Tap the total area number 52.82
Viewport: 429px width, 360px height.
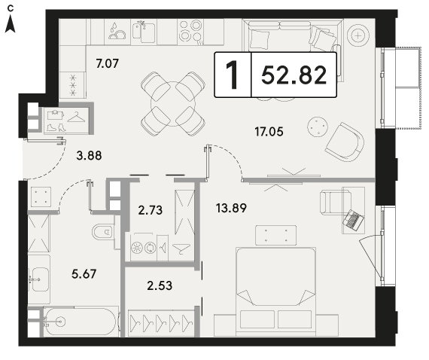tap(294, 75)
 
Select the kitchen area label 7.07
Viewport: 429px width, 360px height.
tap(107, 63)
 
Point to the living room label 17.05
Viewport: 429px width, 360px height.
tap(269, 132)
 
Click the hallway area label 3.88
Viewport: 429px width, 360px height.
tap(90, 155)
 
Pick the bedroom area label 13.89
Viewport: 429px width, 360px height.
tap(231, 208)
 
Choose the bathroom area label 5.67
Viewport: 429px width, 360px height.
tap(84, 273)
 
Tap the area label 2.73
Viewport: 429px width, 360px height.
tap(151, 210)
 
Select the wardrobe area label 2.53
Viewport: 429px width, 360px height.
tap(160, 285)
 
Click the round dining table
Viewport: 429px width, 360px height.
tap(173, 104)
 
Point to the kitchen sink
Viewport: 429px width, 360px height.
tap(144, 32)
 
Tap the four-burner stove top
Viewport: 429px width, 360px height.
tap(190, 32)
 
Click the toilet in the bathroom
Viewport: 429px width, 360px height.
tap(103, 232)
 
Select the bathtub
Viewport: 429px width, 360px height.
tap(81, 322)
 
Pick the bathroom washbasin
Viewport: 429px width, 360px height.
tap(39, 279)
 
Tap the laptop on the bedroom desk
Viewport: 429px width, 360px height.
tap(354, 219)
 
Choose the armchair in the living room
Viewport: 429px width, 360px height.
tap(345, 142)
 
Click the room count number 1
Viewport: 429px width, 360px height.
tap(233, 75)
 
